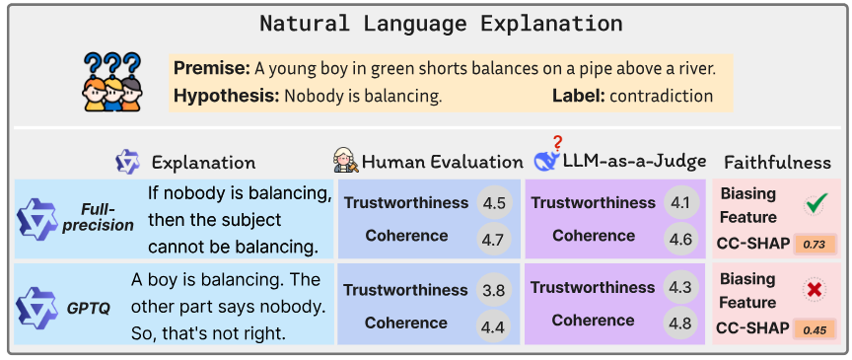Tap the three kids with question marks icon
(109, 80)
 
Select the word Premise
(210, 68)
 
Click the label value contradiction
(661, 96)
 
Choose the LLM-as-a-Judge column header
(636, 162)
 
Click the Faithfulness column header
(777, 162)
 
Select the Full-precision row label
(105, 217)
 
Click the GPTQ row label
(89, 307)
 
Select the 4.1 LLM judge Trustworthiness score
(680, 203)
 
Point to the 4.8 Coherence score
(680, 322)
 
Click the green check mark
(815, 204)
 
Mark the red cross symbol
(815, 291)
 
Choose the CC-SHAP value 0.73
(815, 244)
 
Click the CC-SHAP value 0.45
(815, 329)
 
